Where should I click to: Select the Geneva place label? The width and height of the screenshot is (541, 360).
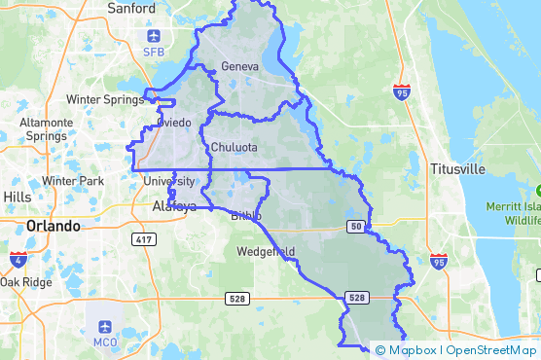pyautogui.click(x=239, y=66)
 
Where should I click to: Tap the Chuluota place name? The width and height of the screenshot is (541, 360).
pyautogui.click(x=234, y=148)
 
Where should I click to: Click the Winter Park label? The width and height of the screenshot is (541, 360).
pyautogui.click(x=73, y=181)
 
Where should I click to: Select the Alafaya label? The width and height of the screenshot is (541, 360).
pyautogui.click(x=174, y=206)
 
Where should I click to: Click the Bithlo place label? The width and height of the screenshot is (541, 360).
pyautogui.click(x=246, y=216)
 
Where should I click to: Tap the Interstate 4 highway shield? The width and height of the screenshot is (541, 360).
pyautogui.click(x=18, y=258)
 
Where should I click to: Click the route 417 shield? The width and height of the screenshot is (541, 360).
pyautogui.click(x=145, y=238)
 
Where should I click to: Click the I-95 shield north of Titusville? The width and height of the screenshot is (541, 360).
pyautogui.click(x=402, y=91)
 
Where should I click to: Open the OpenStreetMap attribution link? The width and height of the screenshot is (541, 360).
pyautogui.click(x=492, y=350)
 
